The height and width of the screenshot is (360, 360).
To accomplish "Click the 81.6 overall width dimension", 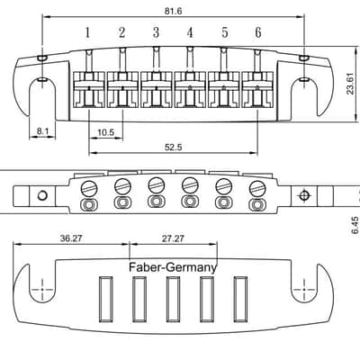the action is [x=173, y=12].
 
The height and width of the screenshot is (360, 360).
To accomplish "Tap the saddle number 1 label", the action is [x=87, y=32].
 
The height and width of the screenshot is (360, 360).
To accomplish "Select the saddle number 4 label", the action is [x=190, y=32].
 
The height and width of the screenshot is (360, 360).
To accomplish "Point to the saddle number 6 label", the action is [x=258, y=32].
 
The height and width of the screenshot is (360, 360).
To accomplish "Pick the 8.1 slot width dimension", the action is [x=42, y=131].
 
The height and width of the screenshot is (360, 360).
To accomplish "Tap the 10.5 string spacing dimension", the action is [x=106, y=132].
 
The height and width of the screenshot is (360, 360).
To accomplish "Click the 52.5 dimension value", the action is [x=174, y=148].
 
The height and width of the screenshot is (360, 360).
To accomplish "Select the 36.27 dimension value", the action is [x=71, y=238].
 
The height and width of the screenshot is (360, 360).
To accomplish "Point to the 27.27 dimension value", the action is [x=173, y=238].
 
